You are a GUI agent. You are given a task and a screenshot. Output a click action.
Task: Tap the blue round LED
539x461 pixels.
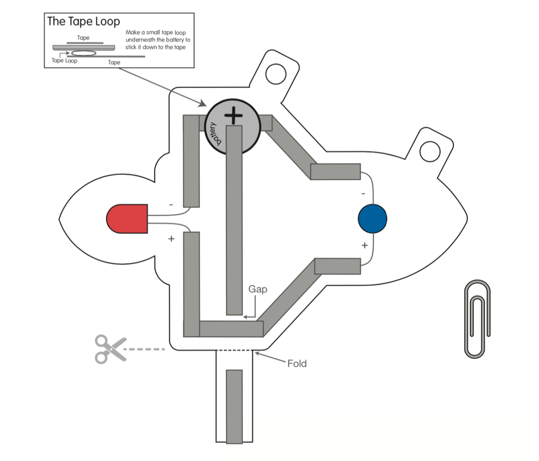pos(372,219)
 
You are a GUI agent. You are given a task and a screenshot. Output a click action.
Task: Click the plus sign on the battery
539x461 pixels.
pos(233,115)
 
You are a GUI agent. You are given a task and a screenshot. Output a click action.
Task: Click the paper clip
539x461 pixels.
pos(477,319)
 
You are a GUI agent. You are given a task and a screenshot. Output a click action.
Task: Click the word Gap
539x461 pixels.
pos(258,289)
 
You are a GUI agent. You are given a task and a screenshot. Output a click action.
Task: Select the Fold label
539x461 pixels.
pos(297,364)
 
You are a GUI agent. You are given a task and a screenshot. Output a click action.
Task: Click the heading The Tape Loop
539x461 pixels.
pos(83,21)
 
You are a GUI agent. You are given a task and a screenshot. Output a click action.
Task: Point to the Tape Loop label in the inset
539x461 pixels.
pos(64,61)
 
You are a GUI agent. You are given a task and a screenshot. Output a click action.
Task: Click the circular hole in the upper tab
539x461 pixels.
pos(276,73)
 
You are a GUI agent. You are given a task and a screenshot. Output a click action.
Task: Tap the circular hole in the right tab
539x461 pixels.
pos(430,152)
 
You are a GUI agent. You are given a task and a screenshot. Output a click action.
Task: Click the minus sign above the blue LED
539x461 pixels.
pos(363,194)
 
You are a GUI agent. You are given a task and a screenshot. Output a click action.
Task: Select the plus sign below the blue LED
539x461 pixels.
pos(365,245)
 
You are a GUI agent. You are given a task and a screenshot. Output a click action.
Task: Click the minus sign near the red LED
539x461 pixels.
pos(171,205)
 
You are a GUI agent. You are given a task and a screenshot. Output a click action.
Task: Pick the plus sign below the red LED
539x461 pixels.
pos(171,239)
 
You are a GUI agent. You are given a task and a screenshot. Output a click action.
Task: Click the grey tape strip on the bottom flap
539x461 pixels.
pos(235,406)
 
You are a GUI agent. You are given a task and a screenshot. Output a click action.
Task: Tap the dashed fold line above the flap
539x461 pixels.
pos(235,350)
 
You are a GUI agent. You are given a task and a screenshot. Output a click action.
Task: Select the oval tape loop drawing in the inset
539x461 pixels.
pos(83,54)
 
